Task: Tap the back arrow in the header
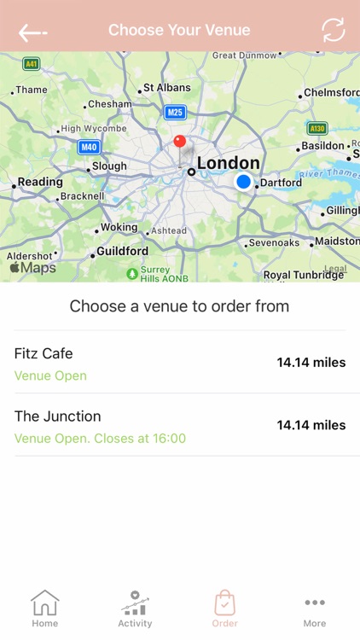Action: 32,32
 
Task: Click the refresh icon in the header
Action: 333,30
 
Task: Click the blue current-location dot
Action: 244,182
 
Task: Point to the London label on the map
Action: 228,163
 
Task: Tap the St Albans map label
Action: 166,88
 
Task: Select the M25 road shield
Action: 175,112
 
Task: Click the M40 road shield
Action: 89,147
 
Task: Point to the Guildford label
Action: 122,252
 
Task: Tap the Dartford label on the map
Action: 281,183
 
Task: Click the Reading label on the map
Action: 40,182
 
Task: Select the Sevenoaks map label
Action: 273,243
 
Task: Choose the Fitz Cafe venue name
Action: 44,353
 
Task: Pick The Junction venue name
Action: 57,416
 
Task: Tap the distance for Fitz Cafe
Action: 311,363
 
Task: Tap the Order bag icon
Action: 225,602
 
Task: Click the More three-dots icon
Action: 315,602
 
